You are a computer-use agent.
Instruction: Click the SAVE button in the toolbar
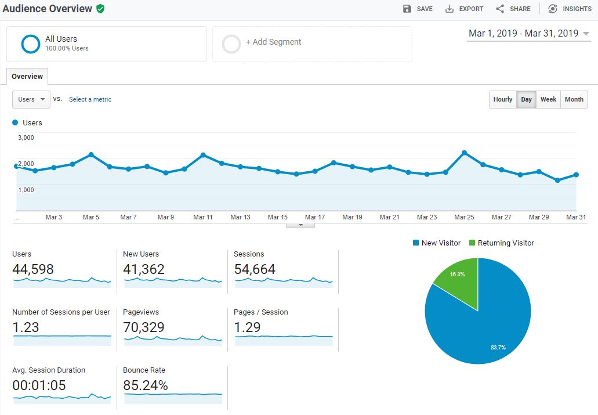(418, 9)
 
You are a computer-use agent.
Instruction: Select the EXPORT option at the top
(464, 9)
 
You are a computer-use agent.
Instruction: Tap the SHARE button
(513, 9)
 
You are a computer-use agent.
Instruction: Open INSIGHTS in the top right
(570, 9)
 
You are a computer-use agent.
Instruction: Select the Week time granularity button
(548, 99)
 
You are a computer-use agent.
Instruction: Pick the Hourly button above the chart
(503, 99)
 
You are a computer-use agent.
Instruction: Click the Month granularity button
(574, 99)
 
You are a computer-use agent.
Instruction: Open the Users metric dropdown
(31, 99)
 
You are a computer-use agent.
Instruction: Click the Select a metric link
(90, 99)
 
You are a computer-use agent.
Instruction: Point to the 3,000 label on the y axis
(26, 138)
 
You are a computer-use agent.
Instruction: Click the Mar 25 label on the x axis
(464, 217)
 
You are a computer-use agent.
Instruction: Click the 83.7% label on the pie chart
(498, 348)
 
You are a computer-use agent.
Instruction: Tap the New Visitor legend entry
(437, 243)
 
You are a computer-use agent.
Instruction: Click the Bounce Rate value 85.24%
(146, 385)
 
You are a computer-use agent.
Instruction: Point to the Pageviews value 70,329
(144, 327)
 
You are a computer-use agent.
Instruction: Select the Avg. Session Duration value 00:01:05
(39, 385)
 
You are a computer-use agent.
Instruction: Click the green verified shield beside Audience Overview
(100, 9)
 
